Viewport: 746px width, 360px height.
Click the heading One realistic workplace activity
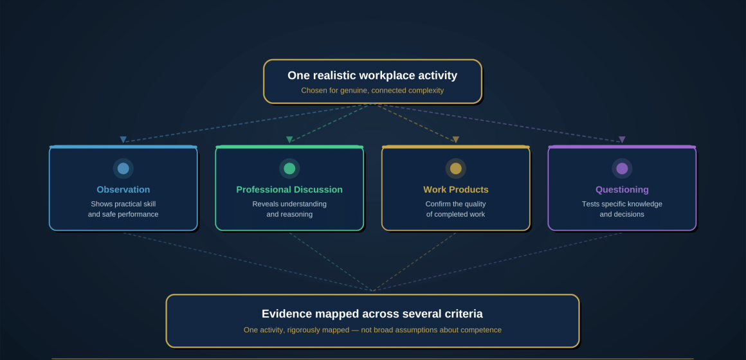coord(372,75)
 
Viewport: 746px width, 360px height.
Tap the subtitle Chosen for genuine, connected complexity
coord(372,91)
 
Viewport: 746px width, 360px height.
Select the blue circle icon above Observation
coord(123,168)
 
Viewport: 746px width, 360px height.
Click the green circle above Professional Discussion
coord(289,168)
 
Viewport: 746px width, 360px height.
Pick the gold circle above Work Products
coord(456,168)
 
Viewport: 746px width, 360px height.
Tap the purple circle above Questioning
coord(622,168)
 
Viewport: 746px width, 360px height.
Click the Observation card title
coord(123,190)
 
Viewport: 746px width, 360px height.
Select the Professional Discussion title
coord(289,190)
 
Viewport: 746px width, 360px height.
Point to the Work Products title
coord(456,190)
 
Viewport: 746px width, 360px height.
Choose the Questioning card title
coord(622,190)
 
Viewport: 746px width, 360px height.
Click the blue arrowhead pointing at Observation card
coord(123,139)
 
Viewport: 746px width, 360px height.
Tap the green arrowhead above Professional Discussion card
coord(289,139)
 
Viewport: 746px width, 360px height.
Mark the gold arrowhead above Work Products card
coord(456,139)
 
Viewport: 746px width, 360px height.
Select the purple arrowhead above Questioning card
coord(622,139)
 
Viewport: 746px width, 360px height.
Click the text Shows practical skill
coord(123,204)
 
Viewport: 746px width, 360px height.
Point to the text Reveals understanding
coord(289,204)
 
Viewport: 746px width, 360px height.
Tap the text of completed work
coord(456,215)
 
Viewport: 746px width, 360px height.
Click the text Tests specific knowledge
coord(622,204)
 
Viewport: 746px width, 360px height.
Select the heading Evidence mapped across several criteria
coord(372,314)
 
